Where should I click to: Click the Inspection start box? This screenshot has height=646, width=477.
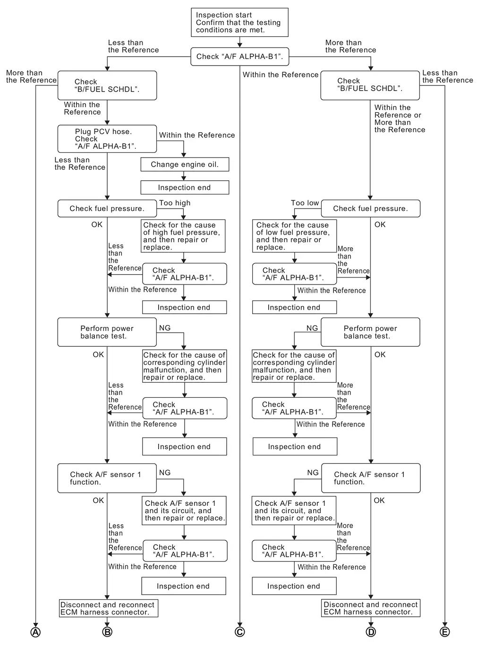tap(239, 23)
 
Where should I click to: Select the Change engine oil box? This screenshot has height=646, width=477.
tap(185, 164)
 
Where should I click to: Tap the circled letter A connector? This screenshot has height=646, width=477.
tap(35, 632)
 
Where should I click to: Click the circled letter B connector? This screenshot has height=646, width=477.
tap(107, 632)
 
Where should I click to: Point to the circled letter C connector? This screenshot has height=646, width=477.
tap(239, 632)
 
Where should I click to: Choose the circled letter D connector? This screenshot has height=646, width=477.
tap(371, 632)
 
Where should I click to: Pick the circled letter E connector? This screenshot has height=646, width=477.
tap(444, 632)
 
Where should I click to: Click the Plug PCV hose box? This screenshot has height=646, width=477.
tap(107, 139)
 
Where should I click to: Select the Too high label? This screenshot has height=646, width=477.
tap(175, 203)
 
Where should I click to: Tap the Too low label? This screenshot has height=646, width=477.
tap(305, 203)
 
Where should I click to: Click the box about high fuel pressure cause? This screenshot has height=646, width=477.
tap(184, 236)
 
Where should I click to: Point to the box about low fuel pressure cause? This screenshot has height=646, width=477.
tap(294, 236)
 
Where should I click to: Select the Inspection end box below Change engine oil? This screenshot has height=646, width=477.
tap(185, 187)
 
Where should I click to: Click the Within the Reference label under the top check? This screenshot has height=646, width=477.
tap(281, 75)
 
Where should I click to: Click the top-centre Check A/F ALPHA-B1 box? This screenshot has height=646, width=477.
tap(239, 57)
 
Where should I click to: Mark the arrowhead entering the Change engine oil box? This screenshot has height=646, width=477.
tap(184, 155)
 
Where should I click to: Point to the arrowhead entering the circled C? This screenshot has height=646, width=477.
tap(239, 625)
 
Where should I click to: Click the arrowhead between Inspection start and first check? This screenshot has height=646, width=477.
tap(239, 45)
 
